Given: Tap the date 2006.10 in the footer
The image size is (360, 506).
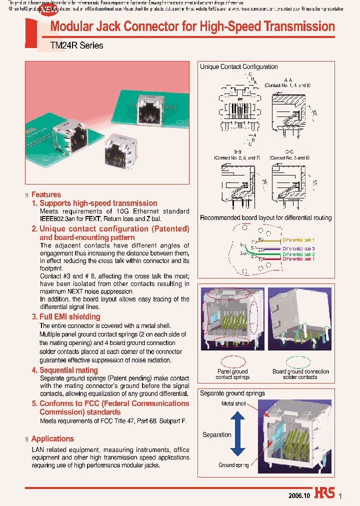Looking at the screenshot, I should tap(299, 494).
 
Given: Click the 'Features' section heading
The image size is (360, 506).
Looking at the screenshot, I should tap(46, 194).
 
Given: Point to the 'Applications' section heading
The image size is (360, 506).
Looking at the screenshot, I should tap(52, 438).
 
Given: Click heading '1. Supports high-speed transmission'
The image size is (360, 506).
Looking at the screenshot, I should tap(94, 203).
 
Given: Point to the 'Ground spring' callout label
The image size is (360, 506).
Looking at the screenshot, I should tap(233, 465).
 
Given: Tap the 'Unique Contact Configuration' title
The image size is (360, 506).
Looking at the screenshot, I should tap(238, 66).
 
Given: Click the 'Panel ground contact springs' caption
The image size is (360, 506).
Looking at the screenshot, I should tap(232, 374).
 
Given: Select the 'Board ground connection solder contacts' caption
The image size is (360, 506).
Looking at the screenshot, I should tap(300, 374).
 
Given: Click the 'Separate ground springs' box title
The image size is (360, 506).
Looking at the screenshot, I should tap(232, 393).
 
